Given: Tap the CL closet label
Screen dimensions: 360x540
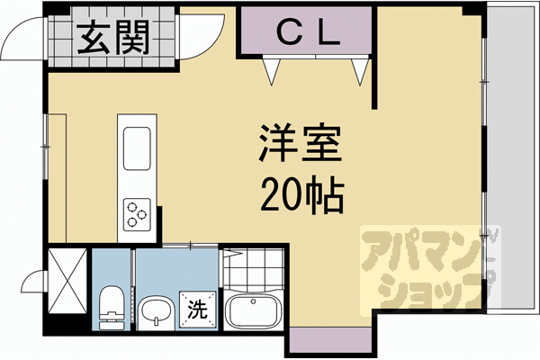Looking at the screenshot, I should pos(306,36).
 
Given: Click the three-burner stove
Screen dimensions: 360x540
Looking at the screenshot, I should pos(136,213).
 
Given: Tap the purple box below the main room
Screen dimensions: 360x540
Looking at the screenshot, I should pos(329,342).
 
